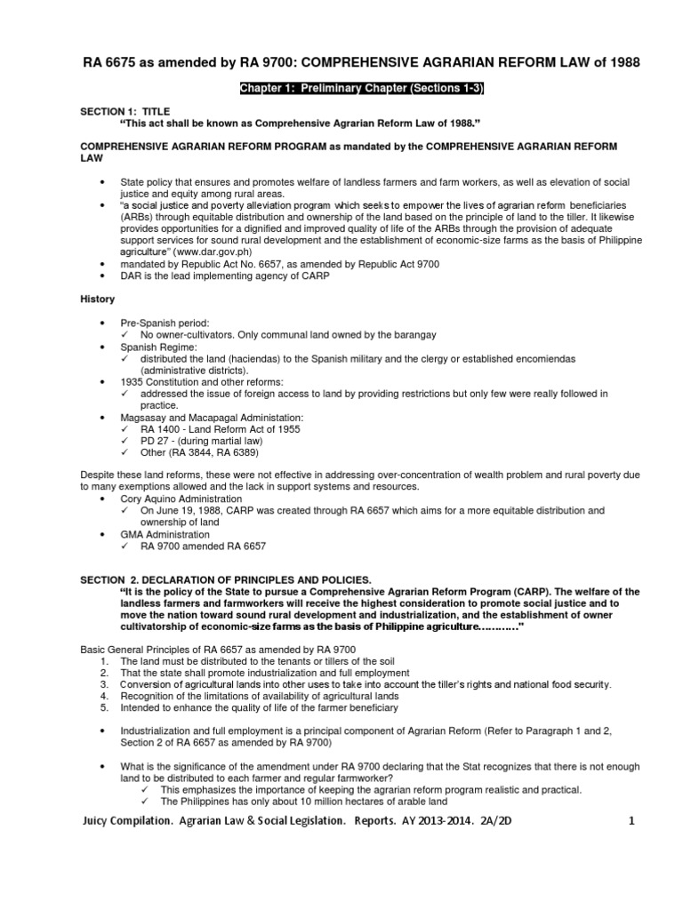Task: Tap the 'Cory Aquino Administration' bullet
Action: coord(182,499)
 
